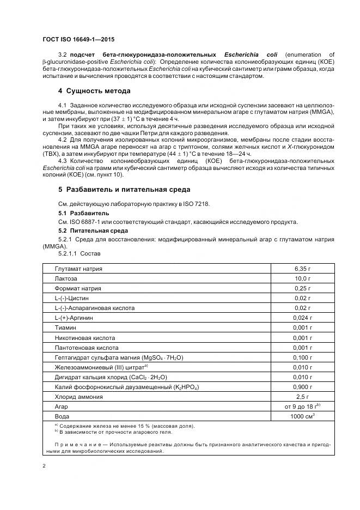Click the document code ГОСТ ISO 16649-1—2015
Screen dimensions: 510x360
pos(78,40)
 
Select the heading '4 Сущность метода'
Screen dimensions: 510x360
pos(94,90)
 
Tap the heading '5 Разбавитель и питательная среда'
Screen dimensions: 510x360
pos(124,190)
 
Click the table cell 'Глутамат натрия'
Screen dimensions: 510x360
pos(78,269)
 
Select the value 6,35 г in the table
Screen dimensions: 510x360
pos(302,269)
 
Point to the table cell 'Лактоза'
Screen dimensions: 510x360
pos(66,278)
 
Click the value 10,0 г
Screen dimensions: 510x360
pos(302,278)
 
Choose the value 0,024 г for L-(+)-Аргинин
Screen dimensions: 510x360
pos(302,318)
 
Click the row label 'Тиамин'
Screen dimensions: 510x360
pos(65,327)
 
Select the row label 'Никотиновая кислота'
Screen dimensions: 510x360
pos(86,337)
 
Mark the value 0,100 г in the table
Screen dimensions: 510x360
pos(302,357)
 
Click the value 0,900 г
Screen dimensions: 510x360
pos(302,386)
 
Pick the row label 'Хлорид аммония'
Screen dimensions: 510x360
pos(78,396)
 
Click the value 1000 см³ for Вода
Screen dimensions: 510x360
pos(302,416)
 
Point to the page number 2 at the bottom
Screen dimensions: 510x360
pos(44,466)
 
